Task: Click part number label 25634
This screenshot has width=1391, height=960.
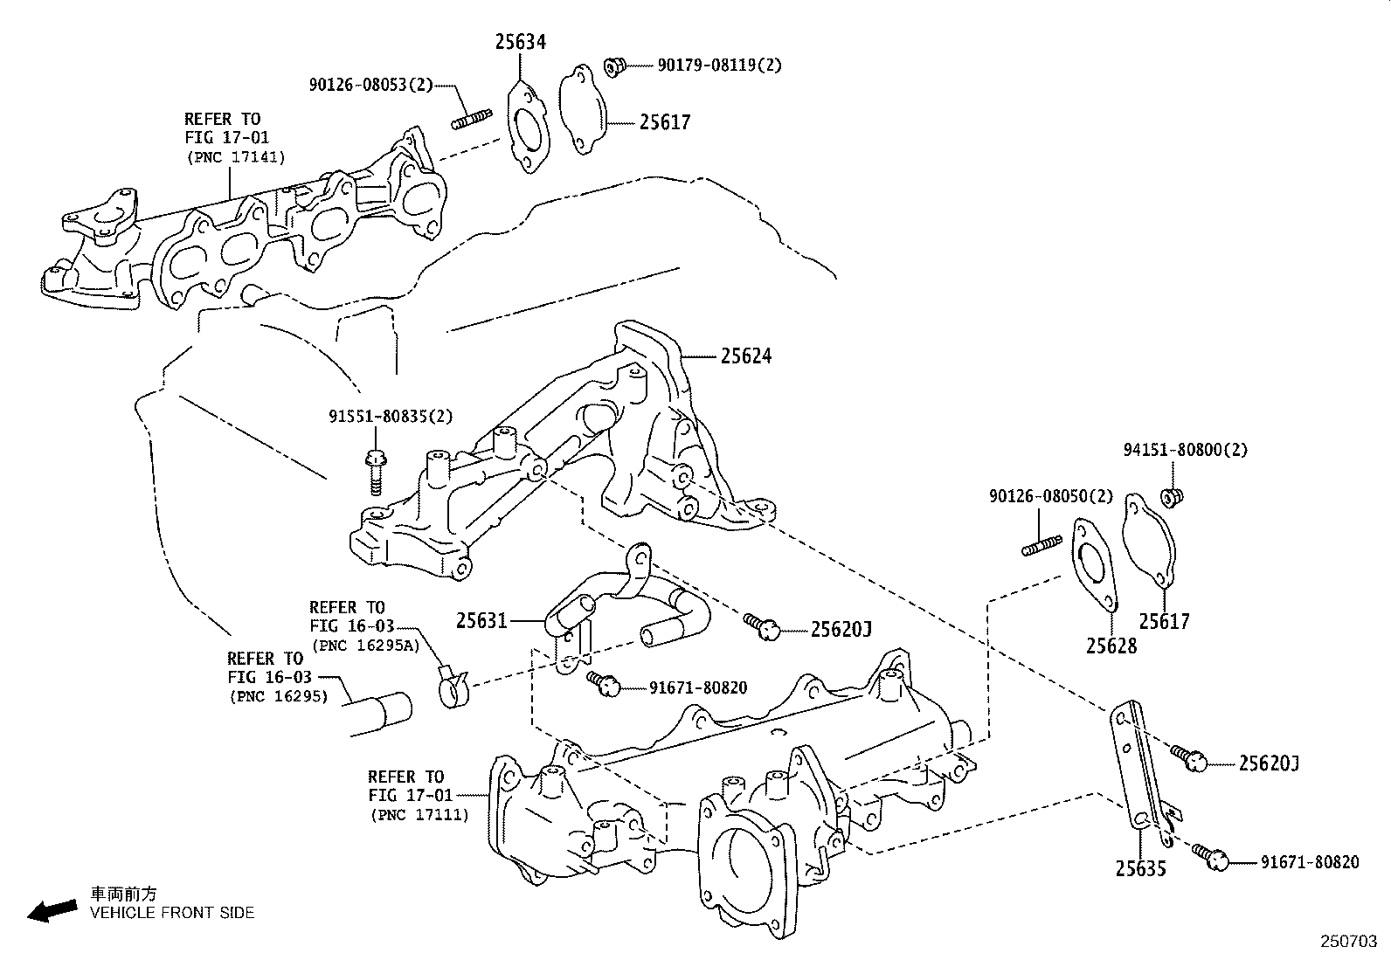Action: tap(520, 41)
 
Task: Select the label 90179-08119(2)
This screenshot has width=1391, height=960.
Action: tap(719, 65)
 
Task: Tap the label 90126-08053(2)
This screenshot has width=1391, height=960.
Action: tap(370, 85)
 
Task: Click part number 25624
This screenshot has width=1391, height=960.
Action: tap(746, 356)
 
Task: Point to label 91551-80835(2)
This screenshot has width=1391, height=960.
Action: tap(391, 417)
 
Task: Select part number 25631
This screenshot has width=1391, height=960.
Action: tap(481, 621)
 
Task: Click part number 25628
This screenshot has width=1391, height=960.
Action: tap(1111, 646)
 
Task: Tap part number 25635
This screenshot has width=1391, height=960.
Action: tap(1140, 868)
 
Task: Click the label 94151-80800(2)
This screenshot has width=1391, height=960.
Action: tap(1185, 451)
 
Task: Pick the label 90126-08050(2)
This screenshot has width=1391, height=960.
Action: tap(1051, 496)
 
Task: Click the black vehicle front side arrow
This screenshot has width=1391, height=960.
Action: tap(52, 911)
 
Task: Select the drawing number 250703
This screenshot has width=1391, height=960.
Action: tap(1347, 942)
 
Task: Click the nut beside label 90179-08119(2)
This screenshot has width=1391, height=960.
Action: tap(613, 66)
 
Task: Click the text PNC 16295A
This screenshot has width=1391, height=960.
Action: tap(364, 646)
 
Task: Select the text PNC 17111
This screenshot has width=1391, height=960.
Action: tap(419, 815)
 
